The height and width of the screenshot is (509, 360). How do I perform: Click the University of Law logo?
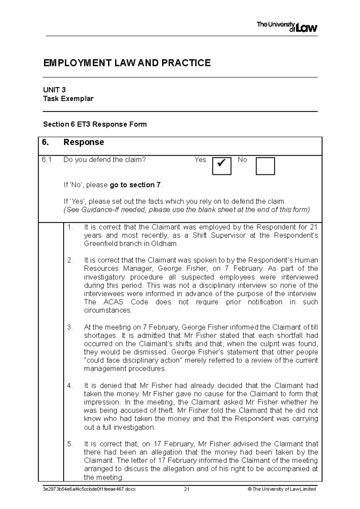coord(286,27)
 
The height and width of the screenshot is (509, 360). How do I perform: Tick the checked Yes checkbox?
coord(221,166)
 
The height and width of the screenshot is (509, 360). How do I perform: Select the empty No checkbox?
coord(265,166)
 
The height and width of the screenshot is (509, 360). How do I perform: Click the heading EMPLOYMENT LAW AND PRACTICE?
coord(127,63)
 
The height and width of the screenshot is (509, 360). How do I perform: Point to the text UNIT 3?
coord(54,90)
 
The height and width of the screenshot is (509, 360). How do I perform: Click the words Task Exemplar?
coord(68,99)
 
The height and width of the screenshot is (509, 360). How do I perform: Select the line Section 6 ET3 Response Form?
coord(95,124)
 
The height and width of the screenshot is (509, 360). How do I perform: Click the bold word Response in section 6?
coord(84,142)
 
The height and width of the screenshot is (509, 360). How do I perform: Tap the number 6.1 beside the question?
coord(47,160)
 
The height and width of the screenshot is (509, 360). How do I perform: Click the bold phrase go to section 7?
coord(135,185)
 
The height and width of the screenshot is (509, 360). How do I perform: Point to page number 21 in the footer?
coord(187,489)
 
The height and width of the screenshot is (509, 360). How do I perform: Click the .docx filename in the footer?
coord(89,489)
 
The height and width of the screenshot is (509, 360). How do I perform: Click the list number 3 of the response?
coord(70,327)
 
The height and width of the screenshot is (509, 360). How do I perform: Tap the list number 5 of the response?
coord(70,444)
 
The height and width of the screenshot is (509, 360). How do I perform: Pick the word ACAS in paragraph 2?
coord(113,302)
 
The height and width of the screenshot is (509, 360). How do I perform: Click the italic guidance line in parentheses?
coord(187,210)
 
